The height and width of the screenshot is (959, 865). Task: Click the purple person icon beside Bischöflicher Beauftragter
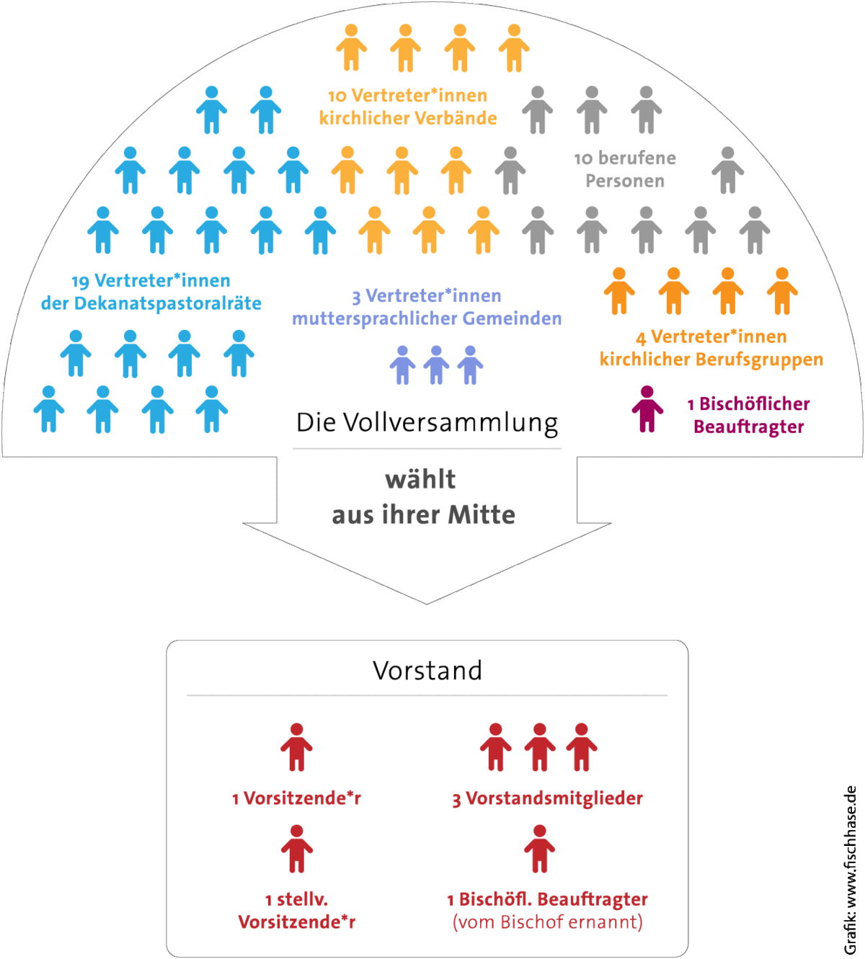[647, 409]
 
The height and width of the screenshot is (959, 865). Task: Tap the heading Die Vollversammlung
[427, 423]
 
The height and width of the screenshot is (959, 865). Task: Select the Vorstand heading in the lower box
[427, 670]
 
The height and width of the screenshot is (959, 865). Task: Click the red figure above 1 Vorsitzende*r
[297, 746]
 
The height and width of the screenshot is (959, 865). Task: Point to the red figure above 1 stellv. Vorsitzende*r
[297, 849]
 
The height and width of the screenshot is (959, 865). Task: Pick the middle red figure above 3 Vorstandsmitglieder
[540, 746]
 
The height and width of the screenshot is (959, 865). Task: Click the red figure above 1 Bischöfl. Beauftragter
[540, 849]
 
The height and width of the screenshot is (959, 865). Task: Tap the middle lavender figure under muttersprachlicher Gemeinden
[436, 365]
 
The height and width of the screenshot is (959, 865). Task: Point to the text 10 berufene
[625, 159]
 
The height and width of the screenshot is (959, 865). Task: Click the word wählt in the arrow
[420, 479]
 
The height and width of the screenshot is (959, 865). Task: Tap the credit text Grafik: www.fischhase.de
[850, 870]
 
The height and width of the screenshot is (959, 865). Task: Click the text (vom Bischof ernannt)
[548, 922]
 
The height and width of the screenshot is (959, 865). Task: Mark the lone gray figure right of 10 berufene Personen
[728, 170]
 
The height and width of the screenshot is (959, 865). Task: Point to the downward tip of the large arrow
[427, 605]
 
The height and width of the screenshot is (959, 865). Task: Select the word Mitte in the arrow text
[482, 515]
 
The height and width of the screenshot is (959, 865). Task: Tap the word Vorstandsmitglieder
[554, 798]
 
